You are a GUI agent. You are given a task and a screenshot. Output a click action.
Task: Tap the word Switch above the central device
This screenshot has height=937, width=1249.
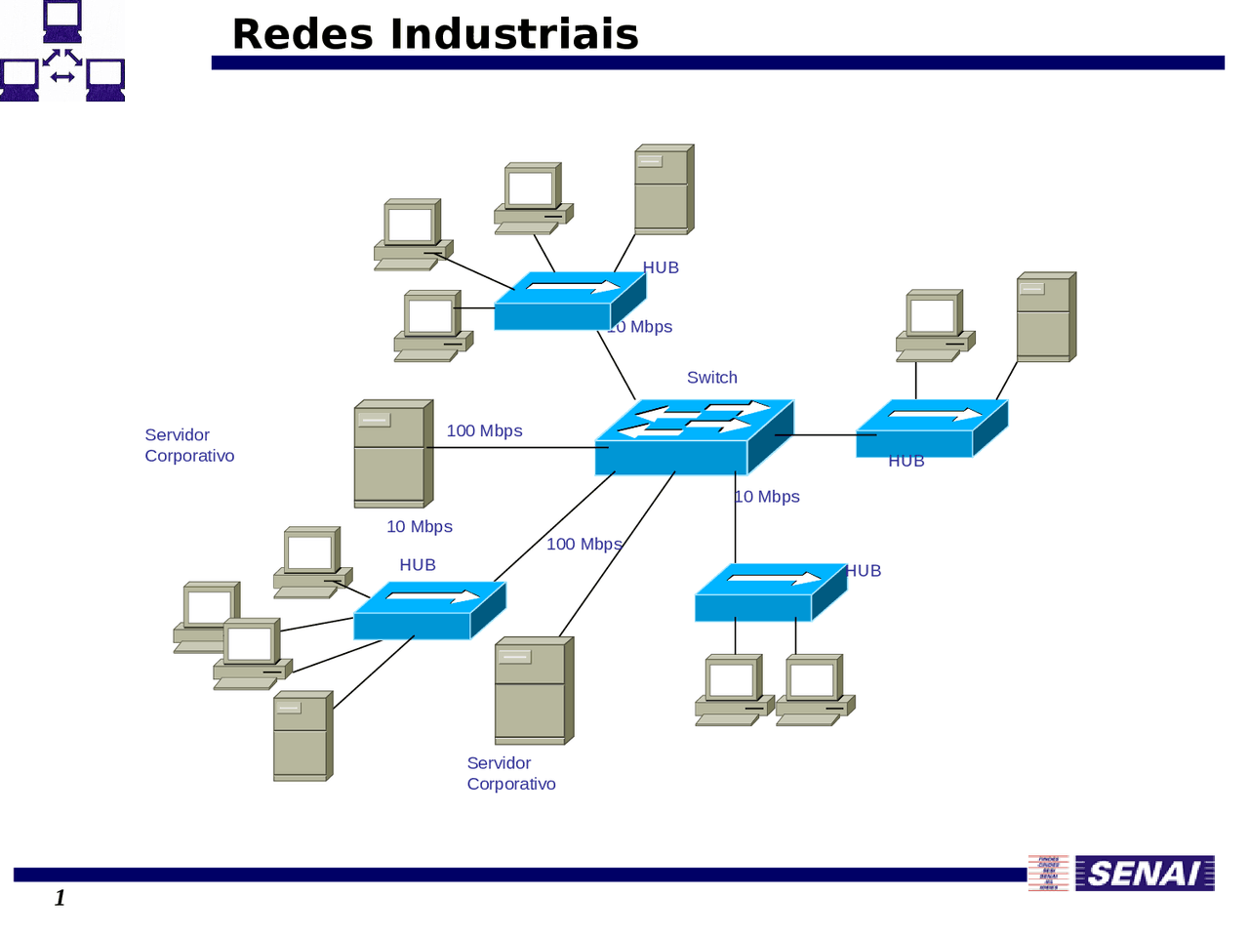[x=711, y=378]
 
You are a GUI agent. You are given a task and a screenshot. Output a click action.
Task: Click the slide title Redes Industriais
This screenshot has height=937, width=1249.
[x=435, y=34]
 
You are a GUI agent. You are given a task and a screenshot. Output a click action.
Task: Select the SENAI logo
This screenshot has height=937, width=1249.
[x=1145, y=873]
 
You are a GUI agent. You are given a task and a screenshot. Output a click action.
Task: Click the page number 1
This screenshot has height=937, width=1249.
[x=60, y=897]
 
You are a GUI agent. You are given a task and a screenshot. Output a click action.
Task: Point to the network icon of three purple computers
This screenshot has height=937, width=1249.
[x=62, y=51]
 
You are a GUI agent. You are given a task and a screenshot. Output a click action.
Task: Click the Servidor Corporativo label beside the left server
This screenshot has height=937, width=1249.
[x=189, y=445]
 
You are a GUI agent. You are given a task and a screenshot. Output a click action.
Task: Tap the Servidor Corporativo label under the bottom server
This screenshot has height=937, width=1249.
[x=510, y=773]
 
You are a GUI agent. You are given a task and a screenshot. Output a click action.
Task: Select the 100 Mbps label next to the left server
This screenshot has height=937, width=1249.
[x=484, y=430]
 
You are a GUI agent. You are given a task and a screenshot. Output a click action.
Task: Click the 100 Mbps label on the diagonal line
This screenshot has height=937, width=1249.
[x=584, y=544]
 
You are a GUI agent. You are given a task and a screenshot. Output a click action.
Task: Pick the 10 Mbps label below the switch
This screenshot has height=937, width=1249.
[x=768, y=497]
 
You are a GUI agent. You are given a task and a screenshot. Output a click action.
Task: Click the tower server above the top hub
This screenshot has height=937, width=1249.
[x=663, y=189]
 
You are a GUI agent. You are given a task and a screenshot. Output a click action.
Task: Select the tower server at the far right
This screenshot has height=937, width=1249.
[x=1045, y=317]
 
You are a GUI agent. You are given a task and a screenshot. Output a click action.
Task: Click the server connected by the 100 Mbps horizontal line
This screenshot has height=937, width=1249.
[x=392, y=454]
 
